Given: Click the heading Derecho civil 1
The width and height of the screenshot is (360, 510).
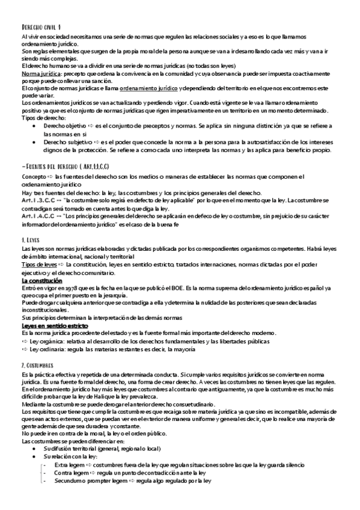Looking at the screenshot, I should [x=40, y=27].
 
